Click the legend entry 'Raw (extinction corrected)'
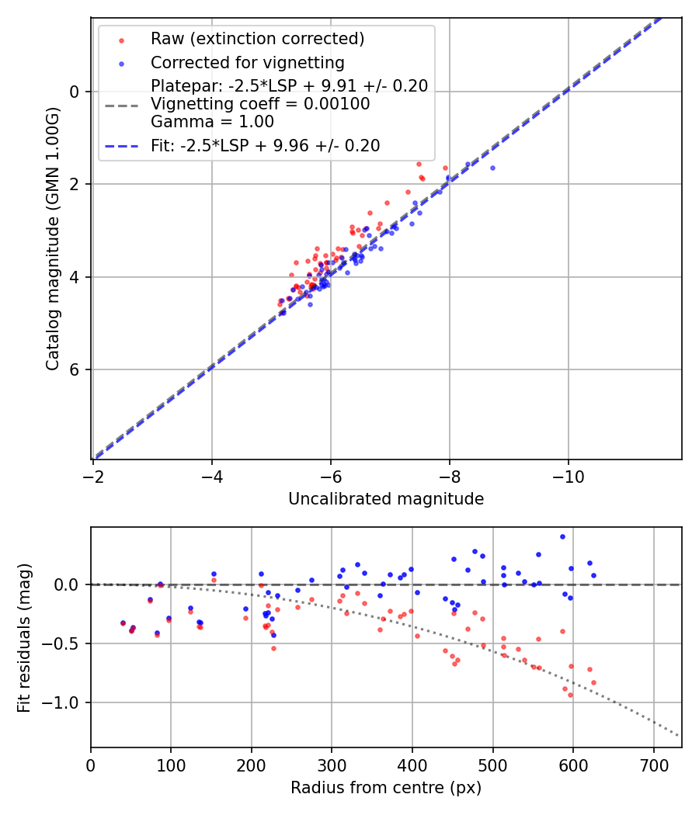point(257,39)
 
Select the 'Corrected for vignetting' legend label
point(247,62)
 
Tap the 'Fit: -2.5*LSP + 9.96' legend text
point(265,146)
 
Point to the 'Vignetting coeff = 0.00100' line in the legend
point(260,104)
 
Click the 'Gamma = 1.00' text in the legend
point(212,122)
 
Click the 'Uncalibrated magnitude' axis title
point(386,499)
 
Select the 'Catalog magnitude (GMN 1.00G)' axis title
point(52,238)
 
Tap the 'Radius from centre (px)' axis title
point(386,788)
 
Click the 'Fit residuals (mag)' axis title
point(24,637)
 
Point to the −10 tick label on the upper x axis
point(568,476)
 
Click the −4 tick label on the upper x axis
point(212,476)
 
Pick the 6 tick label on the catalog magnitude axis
point(75,369)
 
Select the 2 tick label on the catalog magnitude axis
point(75,185)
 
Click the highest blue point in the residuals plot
point(562,536)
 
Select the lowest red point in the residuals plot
point(570,695)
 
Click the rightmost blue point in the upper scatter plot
point(492,168)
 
